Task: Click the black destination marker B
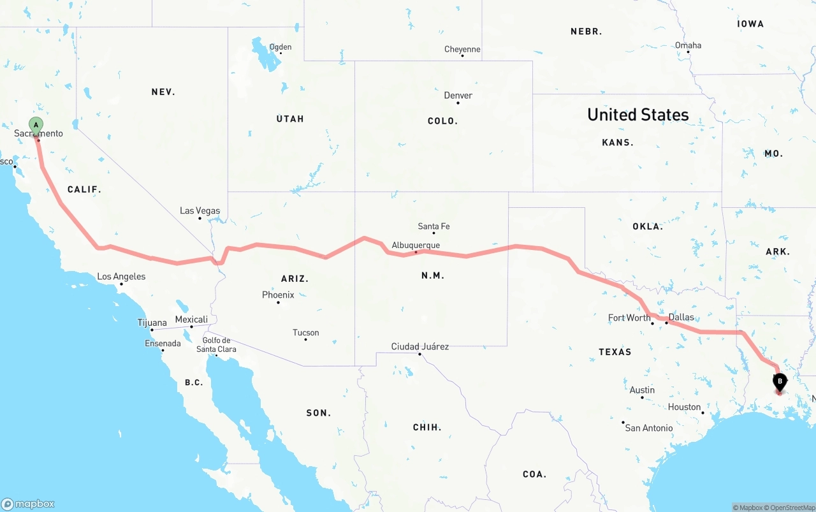click(x=779, y=383)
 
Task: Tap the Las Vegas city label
click(x=200, y=211)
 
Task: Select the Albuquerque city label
click(x=416, y=245)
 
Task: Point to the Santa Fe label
click(x=433, y=226)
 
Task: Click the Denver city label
click(x=458, y=96)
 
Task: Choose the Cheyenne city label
click(x=462, y=50)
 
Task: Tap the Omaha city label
click(x=688, y=45)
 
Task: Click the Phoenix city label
click(x=278, y=295)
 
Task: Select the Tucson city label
click(x=305, y=333)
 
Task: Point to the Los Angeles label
click(x=121, y=277)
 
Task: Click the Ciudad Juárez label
click(x=419, y=347)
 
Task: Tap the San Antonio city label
click(x=648, y=428)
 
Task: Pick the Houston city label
click(x=685, y=407)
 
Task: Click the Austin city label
click(x=642, y=390)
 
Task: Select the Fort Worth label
click(x=629, y=318)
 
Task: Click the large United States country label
click(x=637, y=115)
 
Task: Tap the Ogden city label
click(x=280, y=47)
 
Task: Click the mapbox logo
click(x=28, y=504)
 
